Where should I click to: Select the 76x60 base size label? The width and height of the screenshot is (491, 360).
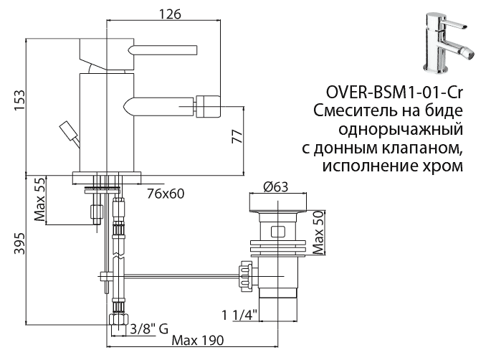(166, 192)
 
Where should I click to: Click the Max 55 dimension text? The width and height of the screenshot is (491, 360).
(40, 200)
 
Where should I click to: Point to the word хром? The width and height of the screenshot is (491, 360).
(438, 166)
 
